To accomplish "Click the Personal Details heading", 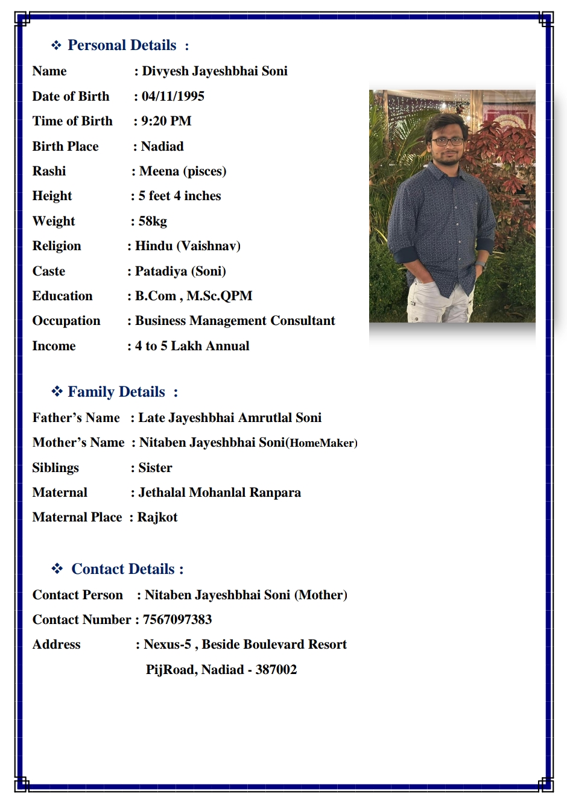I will pyautogui.click(x=122, y=45).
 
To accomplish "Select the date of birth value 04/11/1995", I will pyautogui.click(x=173, y=96).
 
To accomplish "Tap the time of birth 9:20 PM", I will pyautogui.click(x=166, y=121).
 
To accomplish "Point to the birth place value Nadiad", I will pyautogui.click(x=162, y=146).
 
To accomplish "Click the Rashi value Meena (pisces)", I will pyautogui.click(x=183, y=171).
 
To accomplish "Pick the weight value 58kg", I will pyautogui.click(x=153, y=221).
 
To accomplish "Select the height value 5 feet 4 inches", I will pyautogui.click(x=180, y=196).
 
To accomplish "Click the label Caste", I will pyautogui.click(x=49, y=271).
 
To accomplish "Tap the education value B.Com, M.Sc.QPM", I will pyautogui.click(x=194, y=296).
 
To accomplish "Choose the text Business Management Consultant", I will pyautogui.click(x=235, y=321).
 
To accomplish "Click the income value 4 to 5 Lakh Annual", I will pyautogui.click(x=192, y=346).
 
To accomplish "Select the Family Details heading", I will pyautogui.click(x=116, y=392).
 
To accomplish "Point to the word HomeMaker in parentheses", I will pyautogui.click(x=322, y=443).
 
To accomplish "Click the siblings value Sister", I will pyautogui.click(x=155, y=468).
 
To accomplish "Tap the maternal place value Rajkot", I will pyautogui.click(x=157, y=517).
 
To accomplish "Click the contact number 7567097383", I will pyautogui.click(x=177, y=620).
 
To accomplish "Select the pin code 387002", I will pyautogui.click(x=276, y=670).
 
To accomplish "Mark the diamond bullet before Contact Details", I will pyautogui.click(x=57, y=569).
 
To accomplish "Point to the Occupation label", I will pyautogui.click(x=66, y=321).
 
